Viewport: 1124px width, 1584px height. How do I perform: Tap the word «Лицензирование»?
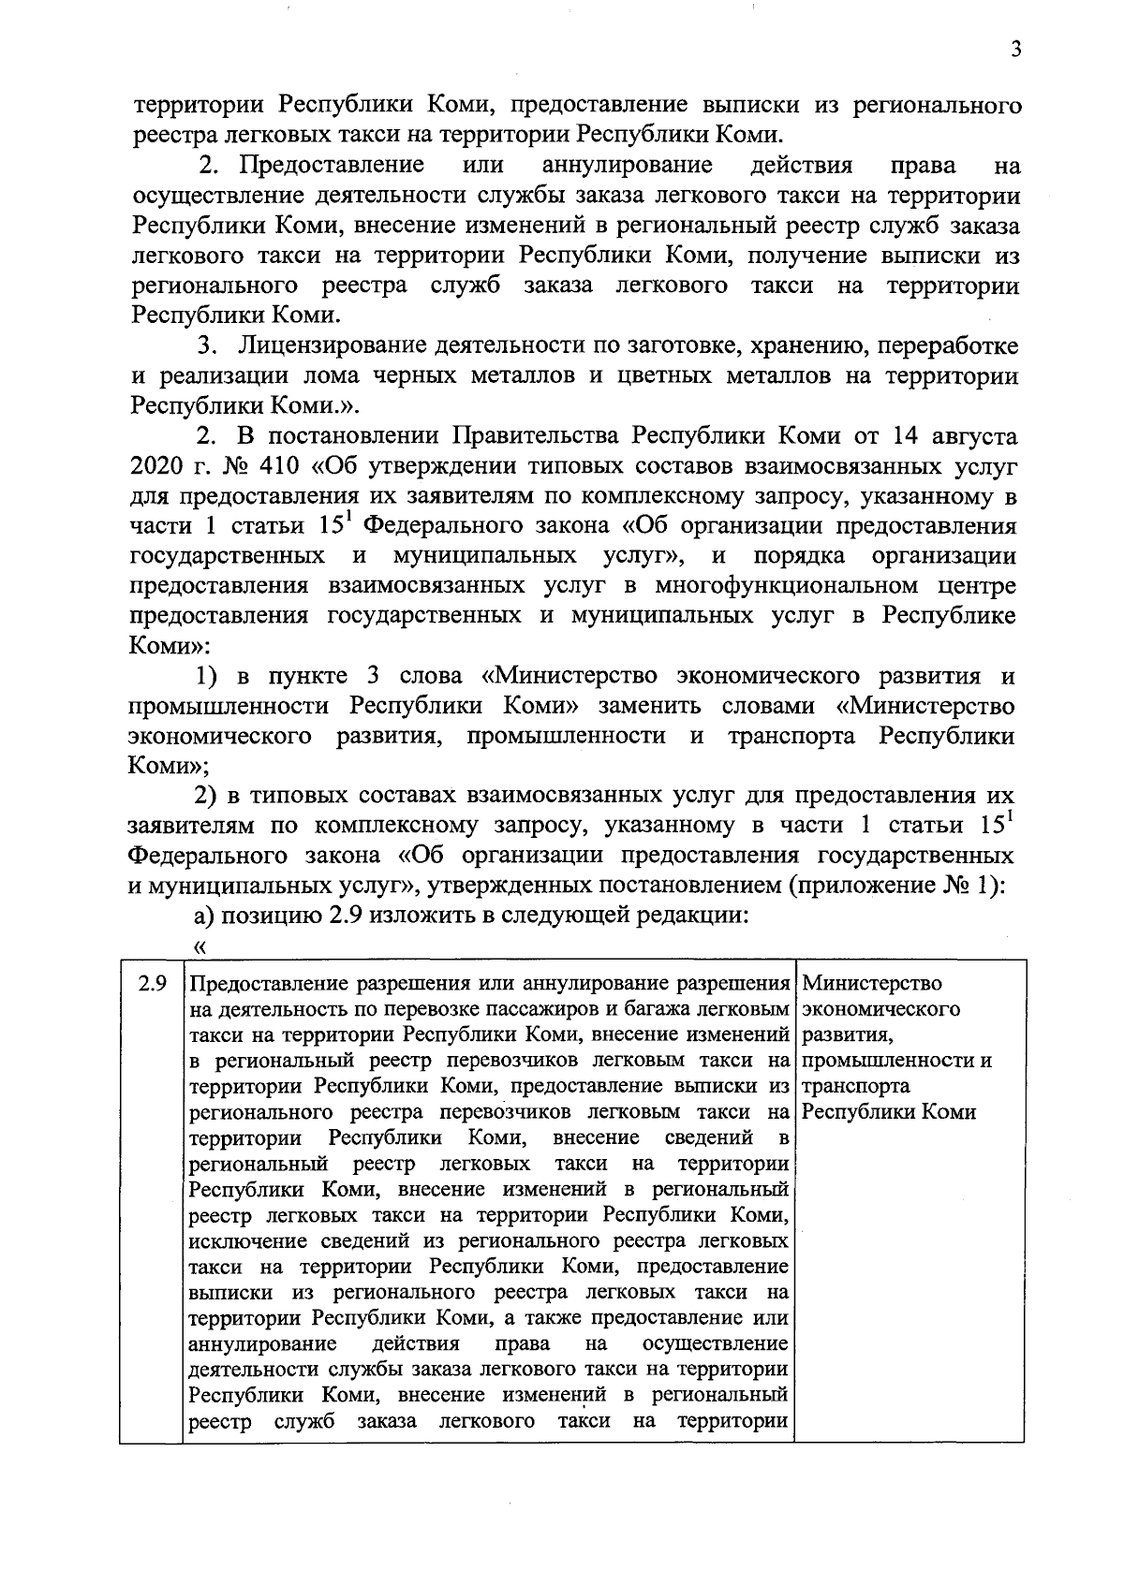(330, 346)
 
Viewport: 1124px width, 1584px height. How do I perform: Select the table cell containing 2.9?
(152, 985)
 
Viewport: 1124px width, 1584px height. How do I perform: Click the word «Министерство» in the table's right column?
(873, 985)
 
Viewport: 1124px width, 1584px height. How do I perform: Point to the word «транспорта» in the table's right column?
(856, 1087)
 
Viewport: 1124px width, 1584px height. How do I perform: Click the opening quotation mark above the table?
(198, 946)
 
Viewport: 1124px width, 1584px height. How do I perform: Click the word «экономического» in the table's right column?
(881, 1010)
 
